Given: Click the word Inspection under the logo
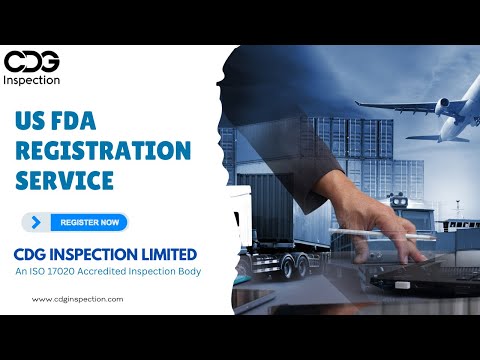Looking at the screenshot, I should (32, 79).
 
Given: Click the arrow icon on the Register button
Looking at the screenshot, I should (37, 222).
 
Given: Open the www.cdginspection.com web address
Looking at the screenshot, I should (78, 298).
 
